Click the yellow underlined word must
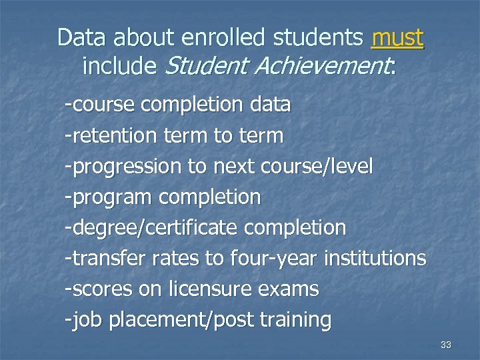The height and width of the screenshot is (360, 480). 397,38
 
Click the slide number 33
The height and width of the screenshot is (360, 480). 446,345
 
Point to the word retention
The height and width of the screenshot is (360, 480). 114,136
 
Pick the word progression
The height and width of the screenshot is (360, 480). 126,167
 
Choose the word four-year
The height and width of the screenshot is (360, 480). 273,258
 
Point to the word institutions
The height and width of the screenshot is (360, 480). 374,258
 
